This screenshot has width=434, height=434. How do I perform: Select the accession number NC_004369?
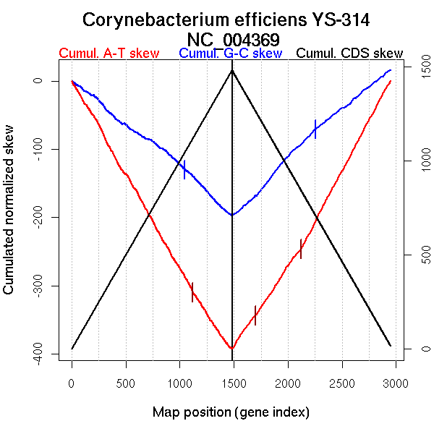232,38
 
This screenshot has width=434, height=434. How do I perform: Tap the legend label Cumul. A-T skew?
109,54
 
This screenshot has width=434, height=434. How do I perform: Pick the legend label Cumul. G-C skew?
230,54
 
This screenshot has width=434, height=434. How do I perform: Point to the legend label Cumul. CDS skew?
350,54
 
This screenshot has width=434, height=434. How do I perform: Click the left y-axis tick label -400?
38,354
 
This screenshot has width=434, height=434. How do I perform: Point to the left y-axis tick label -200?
38,217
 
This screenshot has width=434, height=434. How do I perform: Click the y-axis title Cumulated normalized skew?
9,217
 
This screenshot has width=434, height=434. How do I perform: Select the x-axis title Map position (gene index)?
231,413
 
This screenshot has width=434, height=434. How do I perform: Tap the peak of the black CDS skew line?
232,70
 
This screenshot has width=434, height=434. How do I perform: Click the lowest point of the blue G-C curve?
231,215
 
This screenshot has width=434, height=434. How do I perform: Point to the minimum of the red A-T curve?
231,349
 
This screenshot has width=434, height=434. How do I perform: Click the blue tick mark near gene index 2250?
315,128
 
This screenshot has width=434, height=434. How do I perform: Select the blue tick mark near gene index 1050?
184,169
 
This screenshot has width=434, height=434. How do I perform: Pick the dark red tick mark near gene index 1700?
255,315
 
